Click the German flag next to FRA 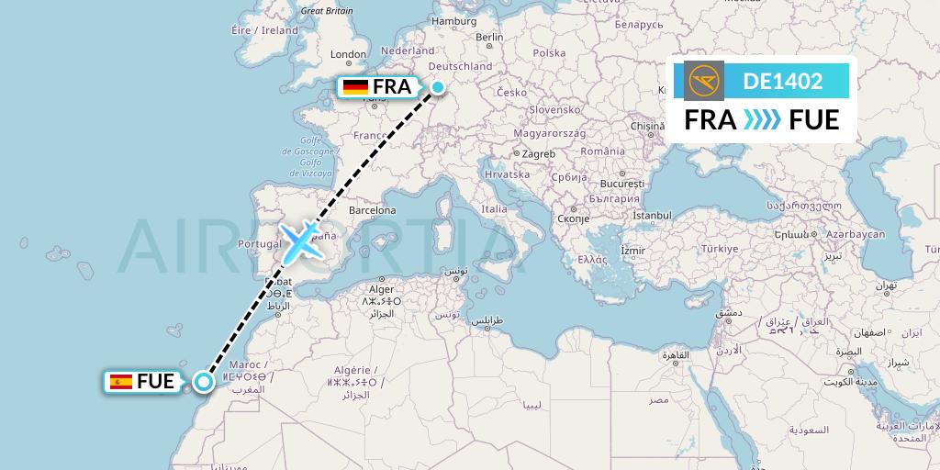click(356, 87)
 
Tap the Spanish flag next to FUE click(120, 382)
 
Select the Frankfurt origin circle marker click(439, 88)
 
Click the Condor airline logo click(703, 81)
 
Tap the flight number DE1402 click(782, 81)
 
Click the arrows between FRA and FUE click(762, 119)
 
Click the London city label click(348, 54)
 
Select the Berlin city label click(489, 38)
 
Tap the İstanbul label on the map click(652, 216)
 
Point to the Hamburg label click(453, 20)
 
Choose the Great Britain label click(327, 11)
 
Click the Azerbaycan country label click(855, 234)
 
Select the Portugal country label click(258, 243)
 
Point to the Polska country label click(550, 52)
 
